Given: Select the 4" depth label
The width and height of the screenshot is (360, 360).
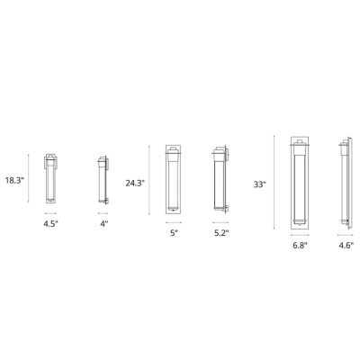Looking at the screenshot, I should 103,221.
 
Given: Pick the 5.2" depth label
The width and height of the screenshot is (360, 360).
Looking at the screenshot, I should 220,232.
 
